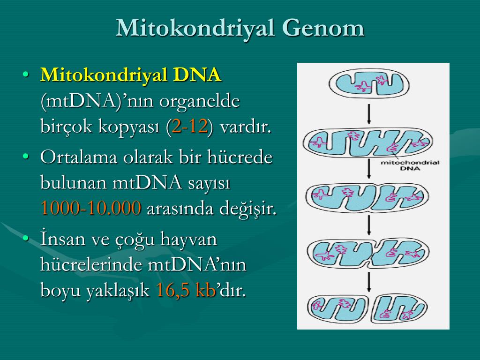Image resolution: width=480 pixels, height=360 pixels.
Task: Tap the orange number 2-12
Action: point(189,126)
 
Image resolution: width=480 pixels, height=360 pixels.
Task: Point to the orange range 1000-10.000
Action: point(91,208)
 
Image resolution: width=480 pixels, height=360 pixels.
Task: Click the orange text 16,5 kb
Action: point(186,290)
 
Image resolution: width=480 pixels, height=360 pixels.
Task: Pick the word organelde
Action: point(199,102)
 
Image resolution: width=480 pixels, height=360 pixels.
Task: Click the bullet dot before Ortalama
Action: point(26,157)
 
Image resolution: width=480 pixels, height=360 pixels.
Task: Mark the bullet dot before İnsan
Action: point(26,238)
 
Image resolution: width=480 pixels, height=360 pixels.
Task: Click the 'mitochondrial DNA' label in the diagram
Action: point(410,165)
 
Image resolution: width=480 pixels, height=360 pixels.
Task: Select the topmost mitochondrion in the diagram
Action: point(369,83)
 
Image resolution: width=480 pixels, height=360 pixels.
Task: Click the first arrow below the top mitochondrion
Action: point(369,114)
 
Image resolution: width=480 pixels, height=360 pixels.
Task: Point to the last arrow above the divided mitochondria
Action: point(369,282)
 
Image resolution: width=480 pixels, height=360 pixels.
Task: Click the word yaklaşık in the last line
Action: point(118,291)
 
